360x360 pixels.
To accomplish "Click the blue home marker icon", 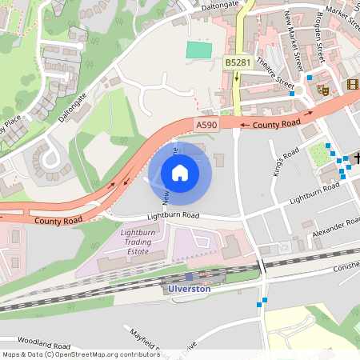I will click(x=180, y=172).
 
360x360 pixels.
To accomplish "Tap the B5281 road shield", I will click(x=237, y=62).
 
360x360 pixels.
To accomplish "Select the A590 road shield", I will click(x=206, y=125).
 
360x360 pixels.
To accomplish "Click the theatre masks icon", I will click(x=324, y=90).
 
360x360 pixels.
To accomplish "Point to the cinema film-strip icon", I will click(x=353, y=85).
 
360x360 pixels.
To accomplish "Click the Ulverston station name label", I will click(x=190, y=288).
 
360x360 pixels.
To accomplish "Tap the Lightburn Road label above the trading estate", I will click(x=173, y=215).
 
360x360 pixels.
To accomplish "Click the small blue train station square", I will click(x=189, y=276).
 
